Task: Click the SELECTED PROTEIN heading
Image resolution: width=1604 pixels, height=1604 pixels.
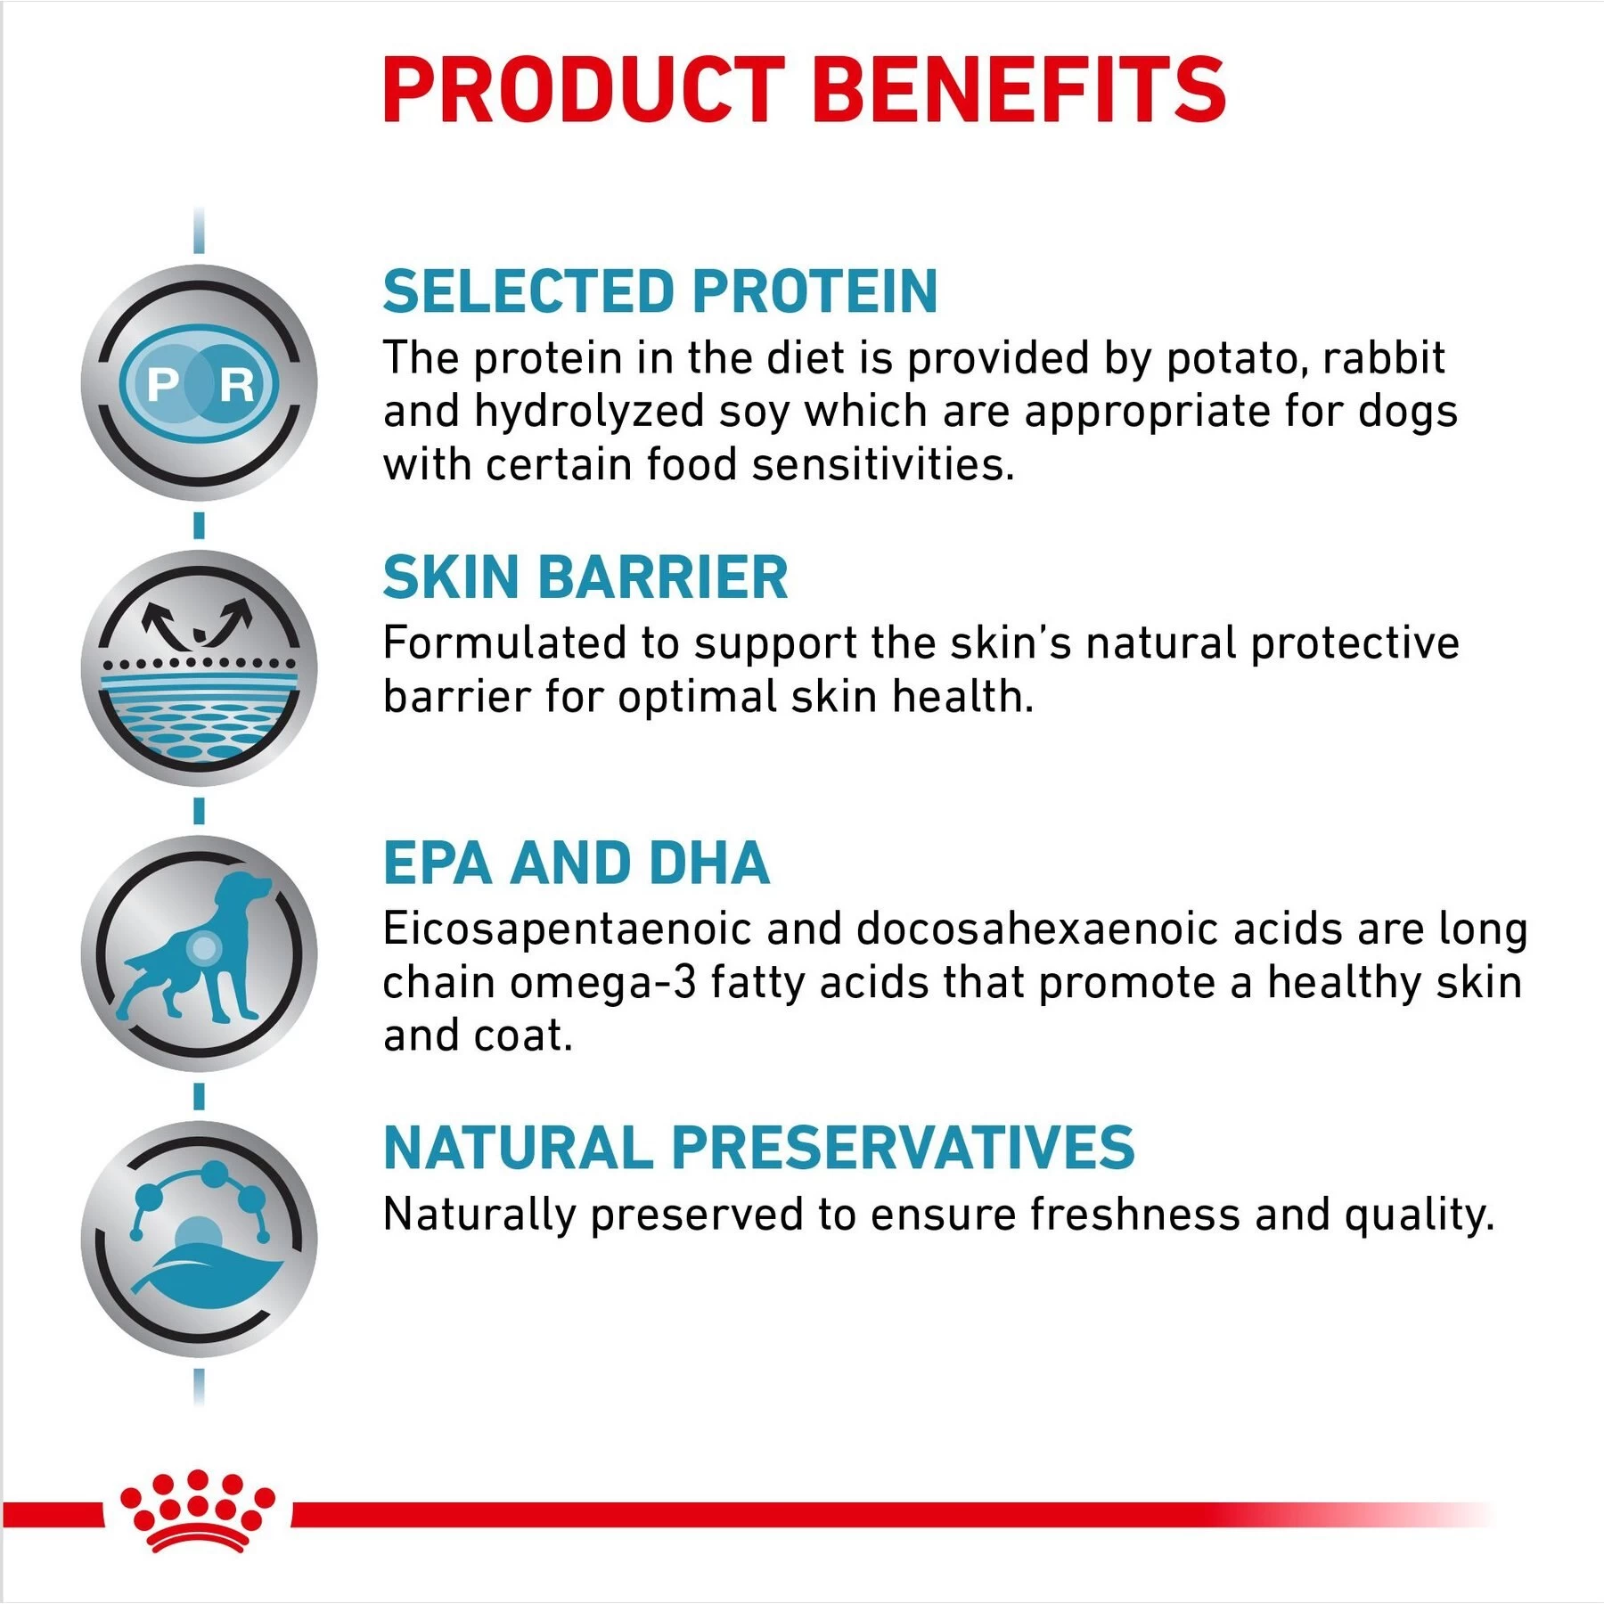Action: [659, 291]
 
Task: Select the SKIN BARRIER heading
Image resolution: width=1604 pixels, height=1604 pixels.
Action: [585, 577]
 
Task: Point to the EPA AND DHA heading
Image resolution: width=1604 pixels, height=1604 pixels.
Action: [577, 863]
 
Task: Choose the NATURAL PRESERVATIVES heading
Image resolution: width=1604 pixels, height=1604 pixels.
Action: [758, 1147]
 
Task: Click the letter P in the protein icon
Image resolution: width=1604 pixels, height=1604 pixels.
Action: [163, 385]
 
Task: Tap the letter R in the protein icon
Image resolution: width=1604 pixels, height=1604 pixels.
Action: [236, 385]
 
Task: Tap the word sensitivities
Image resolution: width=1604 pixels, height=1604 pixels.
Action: [882, 465]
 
